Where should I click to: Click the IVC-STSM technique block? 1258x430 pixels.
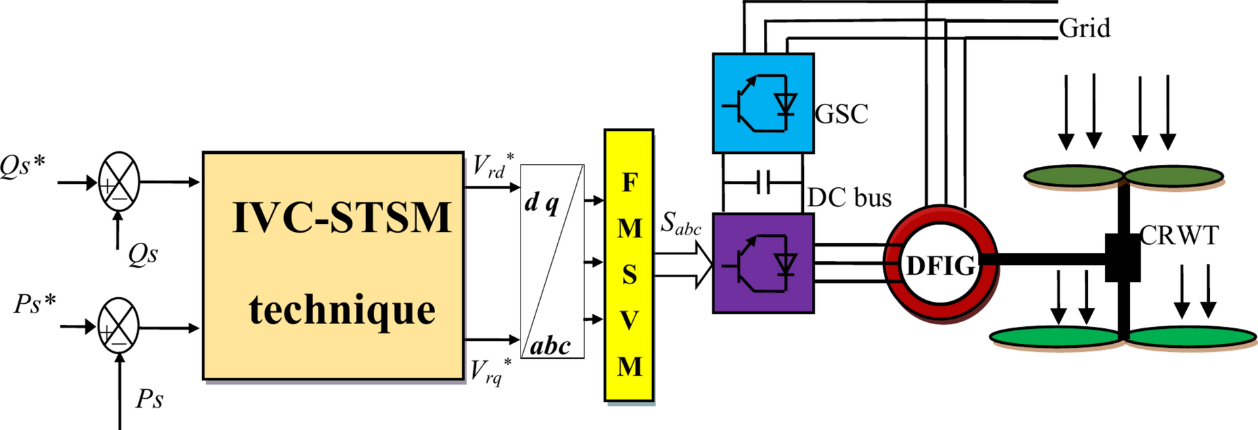pyautogui.click(x=333, y=265)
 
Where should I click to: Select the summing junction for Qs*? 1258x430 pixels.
pyautogui.click(x=119, y=182)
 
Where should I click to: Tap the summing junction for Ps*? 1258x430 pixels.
pyautogui.click(x=119, y=327)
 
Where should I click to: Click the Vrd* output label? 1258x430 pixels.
pyautogui.click(x=493, y=166)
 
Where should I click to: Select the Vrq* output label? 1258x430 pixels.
pyautogui.click(x=491, y=371)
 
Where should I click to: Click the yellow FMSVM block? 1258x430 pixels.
pyautogui.click(x=629, y=265)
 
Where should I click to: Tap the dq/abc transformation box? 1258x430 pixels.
pyautogui.click(x=552, y=261)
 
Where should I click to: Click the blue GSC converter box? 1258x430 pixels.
pyautogui.click(x=763, y=103)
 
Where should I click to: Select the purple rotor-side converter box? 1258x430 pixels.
pyautogui.click(x=763, y=263)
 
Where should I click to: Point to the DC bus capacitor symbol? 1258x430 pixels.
pyautogui.click(x=763, y=182)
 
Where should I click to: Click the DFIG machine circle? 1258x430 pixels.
pyautogui.click(x=940, y=265)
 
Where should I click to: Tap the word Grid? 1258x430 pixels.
pyautogui.click(x=1084, y=28)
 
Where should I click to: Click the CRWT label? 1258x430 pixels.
pyautogui.click(x=1179, y=235)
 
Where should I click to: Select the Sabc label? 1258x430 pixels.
pyautogui.click(x=681, y=223)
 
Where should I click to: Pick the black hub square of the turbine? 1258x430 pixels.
pyautogui.click(x=1122, y=258)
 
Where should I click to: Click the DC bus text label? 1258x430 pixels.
pyautogui.click(x=849, y=197)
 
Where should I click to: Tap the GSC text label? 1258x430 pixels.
pyautogui.click(x=841, y=114)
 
